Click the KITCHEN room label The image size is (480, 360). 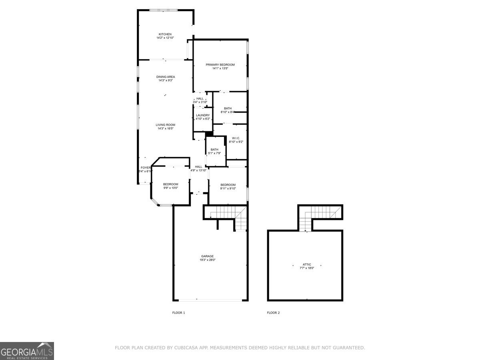point(165,34)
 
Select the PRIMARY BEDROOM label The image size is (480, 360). point(220,65)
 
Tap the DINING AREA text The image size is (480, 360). point(166,77)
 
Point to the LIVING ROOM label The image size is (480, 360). point(166,125)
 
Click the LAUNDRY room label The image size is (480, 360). point(203,115)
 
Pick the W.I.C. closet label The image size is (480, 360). point(236,138)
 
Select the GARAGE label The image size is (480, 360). point(207,256)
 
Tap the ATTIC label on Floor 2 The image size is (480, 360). point(307,264)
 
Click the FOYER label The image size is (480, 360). point(145,168)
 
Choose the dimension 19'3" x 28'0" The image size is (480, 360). point(208,260)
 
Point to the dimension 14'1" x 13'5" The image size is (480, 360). point(220,68)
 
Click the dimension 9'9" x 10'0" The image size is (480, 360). point(170,188)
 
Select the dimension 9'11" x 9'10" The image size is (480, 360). point(228,188)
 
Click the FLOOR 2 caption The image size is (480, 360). point(273,312)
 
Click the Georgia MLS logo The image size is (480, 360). point(27,351)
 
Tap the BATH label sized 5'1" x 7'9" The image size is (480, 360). point(215,150)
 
